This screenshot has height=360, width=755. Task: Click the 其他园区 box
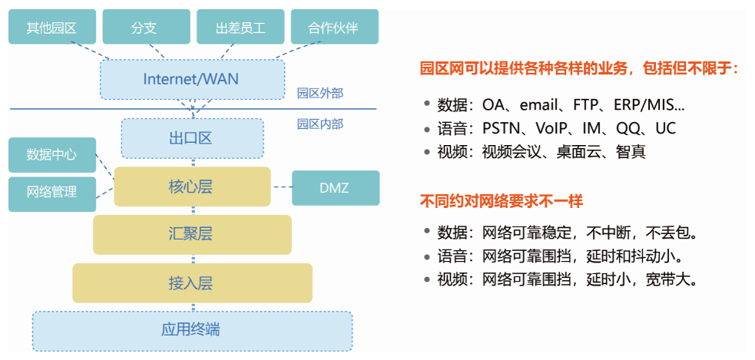[x=51, y=28]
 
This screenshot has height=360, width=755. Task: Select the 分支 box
[x=144, y=28]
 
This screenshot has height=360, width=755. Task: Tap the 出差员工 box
[x=240, y=28]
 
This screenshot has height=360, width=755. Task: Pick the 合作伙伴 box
[x=334, y=28]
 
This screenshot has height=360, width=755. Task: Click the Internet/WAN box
[x=191, y=79]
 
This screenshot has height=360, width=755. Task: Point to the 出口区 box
[x=192, y=138]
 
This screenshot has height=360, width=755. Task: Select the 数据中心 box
[x=52, y=154]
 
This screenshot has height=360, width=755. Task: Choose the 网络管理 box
[x=52, y=192]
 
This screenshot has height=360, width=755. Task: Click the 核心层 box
[x=192, y=187]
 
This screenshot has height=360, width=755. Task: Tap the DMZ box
[x=335, y=187]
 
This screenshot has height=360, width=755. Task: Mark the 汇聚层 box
[x=192, y=234]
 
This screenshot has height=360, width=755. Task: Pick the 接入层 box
[x=192, y=283]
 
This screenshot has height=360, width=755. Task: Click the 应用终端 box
[x=192, y=330]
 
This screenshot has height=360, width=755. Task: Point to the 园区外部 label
[x=320, y=94]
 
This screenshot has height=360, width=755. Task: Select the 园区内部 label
[x=320, y=124]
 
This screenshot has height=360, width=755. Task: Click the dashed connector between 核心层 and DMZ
[x=281, y=187]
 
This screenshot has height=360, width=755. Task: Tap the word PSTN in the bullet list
[x=502, y=128]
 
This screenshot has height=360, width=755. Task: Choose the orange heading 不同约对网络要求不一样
[x=502, y=201]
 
